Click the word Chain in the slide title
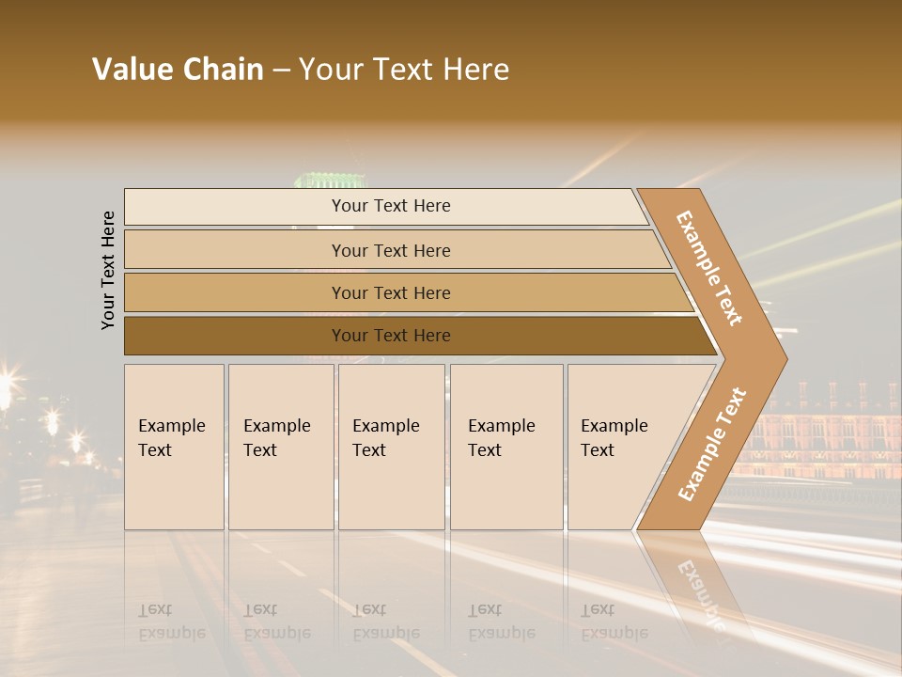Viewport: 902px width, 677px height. (222, 70)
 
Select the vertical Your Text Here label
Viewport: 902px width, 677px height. (108, 270)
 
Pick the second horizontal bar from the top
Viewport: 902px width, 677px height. (390, 250)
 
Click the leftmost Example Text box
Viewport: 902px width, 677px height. (174, 447)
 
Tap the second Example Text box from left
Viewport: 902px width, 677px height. (281, 447)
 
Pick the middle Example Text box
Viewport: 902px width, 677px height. (391, 447)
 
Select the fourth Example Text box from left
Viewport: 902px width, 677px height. (506, 447)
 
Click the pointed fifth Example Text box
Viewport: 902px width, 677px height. (625, 447)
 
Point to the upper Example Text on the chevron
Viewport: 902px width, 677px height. (710, 268)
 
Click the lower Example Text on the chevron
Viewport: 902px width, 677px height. (712, 444)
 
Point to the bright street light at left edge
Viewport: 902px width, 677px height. (8, 384)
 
